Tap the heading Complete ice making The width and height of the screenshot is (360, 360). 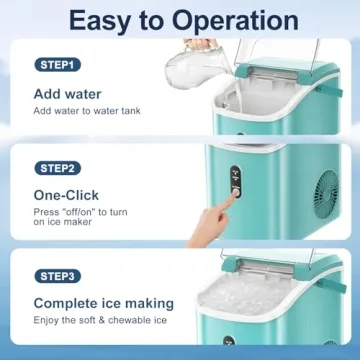104,303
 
